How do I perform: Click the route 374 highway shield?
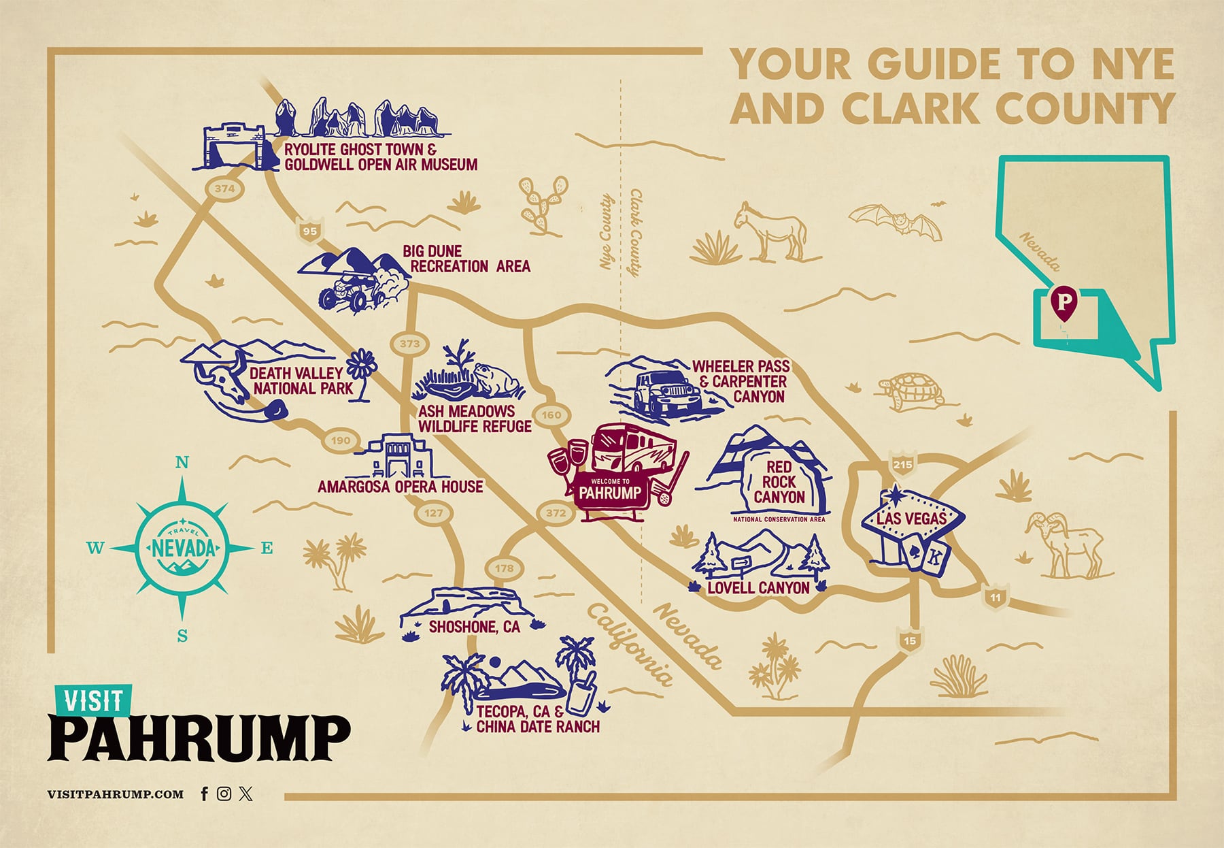click(x=224, y=189)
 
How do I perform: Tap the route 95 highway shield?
click(x=309, y=231)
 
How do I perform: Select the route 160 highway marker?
click(x=551, y=414)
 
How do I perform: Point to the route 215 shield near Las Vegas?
click(x=902, y=464)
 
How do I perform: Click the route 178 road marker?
click(x=504, y=568)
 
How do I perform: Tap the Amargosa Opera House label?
click(x=400, y=487)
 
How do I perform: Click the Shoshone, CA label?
click(x=474, y=627)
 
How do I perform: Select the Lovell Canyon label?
click(x=758, y=588)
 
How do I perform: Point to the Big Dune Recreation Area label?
click(x=466, y=259)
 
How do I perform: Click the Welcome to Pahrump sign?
click(x=609, y=491)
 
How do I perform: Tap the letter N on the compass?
click(x=182, y=463)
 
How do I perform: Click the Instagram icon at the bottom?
click(x=224, y=794)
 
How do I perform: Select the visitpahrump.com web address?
click(x=116, y=794)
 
